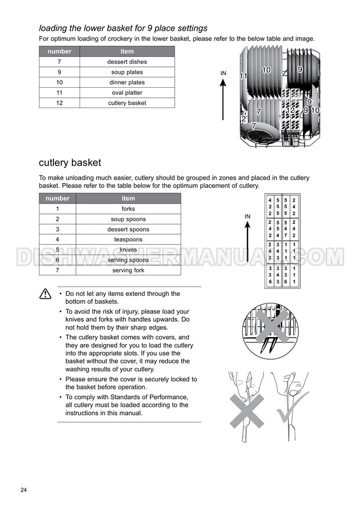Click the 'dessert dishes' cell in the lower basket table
[x=127, y=62]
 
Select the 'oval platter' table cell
[x=127, y=92]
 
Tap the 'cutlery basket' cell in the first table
[x=127, y=103]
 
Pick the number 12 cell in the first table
[x=59, y=103]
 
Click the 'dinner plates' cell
[x=127, y=83]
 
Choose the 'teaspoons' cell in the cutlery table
[x=128, y=239]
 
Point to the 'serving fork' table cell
[x=128, y=270]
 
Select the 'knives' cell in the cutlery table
[x=128, y=250]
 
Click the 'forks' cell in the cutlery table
[x=128, y=209]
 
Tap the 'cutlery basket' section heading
[x=70, y=163]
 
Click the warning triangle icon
[x=45, y=295]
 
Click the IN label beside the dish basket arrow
[x=224, y=73]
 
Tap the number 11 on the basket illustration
[x=243, y=76]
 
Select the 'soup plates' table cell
[x=127, y=72]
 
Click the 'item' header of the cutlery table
[x=128, y=198]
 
